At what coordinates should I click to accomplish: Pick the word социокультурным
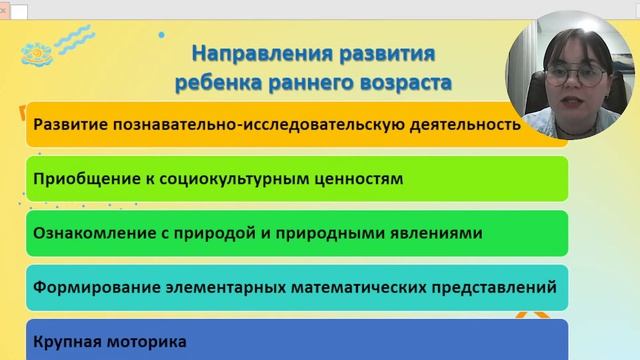[x=232, y=180]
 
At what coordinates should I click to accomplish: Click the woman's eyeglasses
[x=575, y=76]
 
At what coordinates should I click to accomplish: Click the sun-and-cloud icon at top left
[x=38, y=50]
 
